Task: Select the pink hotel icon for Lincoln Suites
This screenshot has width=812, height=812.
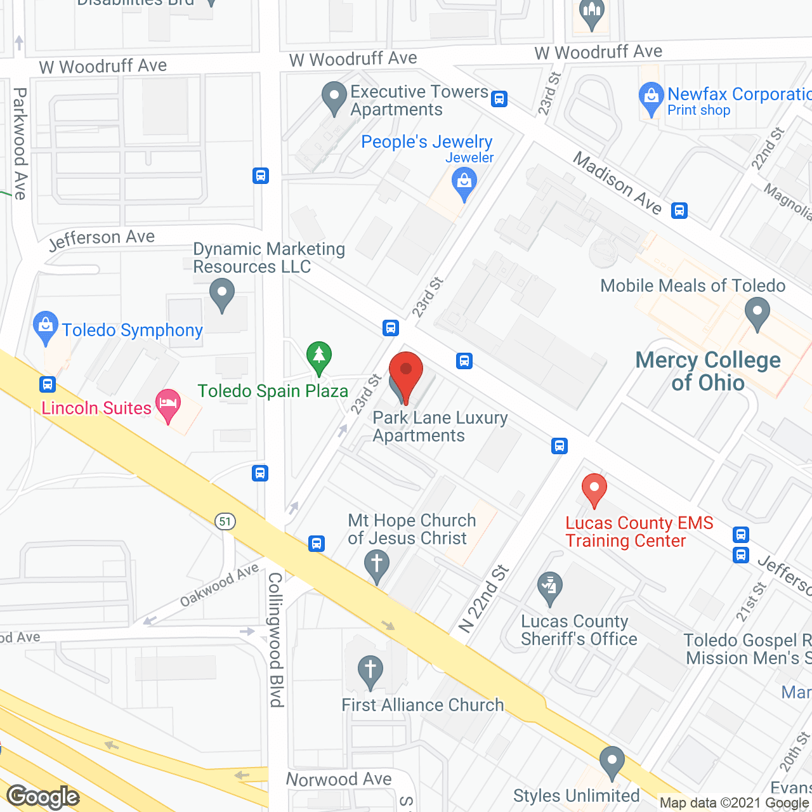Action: coord(168,405)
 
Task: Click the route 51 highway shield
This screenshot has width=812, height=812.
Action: coord(225,521)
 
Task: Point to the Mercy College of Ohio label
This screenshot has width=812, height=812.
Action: coord(708,371)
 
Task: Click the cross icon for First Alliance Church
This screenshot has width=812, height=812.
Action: coord(370,671)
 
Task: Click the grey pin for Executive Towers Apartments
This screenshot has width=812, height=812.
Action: coord(334,98)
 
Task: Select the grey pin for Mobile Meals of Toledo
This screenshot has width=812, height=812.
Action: coord(757,313)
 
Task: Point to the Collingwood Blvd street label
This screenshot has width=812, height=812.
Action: coord(275,639)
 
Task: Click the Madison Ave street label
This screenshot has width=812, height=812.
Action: coord(618,183)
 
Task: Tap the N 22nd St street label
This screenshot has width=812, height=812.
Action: coord(485,598)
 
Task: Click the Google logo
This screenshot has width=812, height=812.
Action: coord(43,796)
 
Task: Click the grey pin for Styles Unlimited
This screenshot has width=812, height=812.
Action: coord(612,761)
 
